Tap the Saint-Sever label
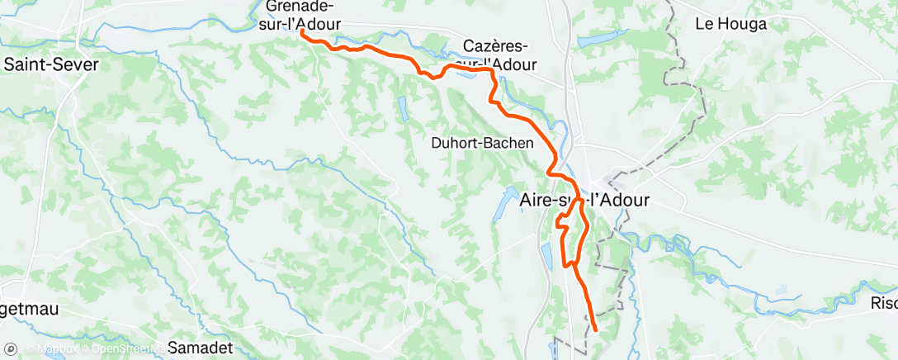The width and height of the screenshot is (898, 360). pos(51,64)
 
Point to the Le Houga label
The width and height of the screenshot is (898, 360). pos(731,24)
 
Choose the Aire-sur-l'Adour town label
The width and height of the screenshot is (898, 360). pos(586,200)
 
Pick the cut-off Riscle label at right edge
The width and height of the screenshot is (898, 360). pos(884,303)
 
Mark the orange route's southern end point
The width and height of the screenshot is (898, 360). pos(595,330)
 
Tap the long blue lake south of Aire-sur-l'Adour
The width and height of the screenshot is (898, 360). pos(546,256)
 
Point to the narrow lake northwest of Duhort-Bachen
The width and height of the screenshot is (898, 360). pos(402,107)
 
